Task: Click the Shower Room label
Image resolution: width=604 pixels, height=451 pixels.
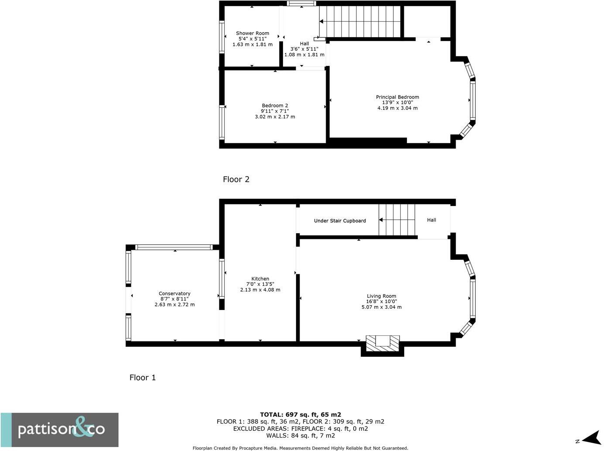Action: point(253,33)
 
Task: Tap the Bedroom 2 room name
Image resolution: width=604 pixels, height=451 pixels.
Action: point(275,106)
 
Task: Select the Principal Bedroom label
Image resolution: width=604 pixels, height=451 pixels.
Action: point(397,97)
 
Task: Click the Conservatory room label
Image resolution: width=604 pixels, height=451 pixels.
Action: point(174,294)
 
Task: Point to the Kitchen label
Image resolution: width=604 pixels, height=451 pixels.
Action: point(260,279)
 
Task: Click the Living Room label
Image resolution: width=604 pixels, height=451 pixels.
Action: point(381,296)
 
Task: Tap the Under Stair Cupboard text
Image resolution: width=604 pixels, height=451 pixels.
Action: point(340,221)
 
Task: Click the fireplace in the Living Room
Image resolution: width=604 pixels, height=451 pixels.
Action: point(382,343)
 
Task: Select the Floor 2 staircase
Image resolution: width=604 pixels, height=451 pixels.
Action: point(360,21)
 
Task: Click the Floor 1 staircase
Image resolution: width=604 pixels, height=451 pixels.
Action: point(396,220)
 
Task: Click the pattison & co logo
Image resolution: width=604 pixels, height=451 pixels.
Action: point(60,430)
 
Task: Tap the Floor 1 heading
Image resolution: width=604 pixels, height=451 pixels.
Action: point(143,378)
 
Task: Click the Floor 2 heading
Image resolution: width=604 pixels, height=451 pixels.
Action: point(236,179)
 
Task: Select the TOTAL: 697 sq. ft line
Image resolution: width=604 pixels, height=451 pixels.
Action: point(300,415)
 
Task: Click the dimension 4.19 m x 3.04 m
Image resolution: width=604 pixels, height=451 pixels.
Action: point(397,108)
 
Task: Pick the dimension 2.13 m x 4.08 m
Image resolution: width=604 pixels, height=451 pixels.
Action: point(260,290)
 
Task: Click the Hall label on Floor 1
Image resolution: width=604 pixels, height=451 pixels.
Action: point(431,220)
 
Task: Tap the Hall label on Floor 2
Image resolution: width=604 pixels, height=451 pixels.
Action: point(304,44)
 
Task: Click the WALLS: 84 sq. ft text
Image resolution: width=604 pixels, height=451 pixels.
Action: point(300,435)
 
